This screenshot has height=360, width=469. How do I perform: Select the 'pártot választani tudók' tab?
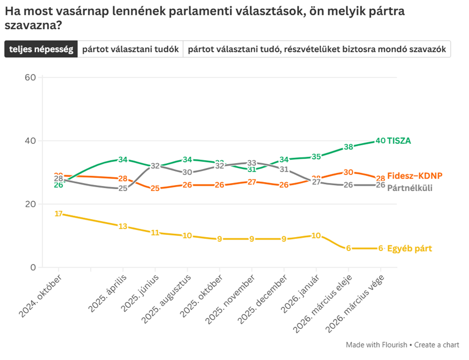click(131, 50)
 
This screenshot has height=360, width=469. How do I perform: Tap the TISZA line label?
click(399, 141)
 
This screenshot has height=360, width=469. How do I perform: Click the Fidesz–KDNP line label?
click(414, 176)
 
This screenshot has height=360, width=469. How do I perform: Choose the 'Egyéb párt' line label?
click(409, 248)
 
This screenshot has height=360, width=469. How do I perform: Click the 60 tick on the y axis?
click(30, 77)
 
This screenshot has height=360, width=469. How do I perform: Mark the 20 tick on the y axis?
click(30, 204)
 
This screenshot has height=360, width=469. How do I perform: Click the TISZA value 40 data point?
click(380, 141)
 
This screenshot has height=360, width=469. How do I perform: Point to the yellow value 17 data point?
click(59, 214)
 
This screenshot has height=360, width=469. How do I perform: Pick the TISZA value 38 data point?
click(348, 147)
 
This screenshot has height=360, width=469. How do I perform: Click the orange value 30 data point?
click(348, 173)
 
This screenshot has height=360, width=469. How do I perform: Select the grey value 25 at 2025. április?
click(123, 188)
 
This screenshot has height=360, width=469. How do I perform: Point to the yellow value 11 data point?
click(155, 233)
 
